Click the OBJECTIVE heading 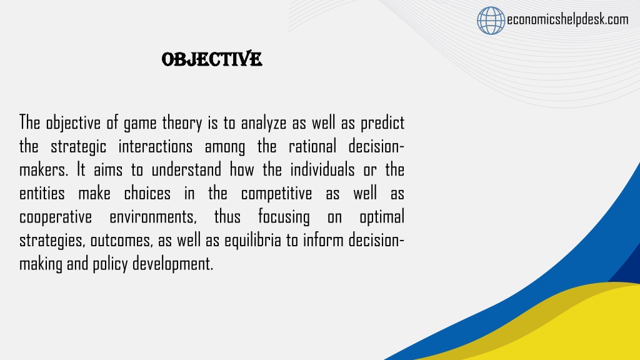(x=212, y=59)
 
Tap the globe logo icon (x=491, y=21)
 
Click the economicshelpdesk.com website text (x=567, y=19)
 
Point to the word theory (x=182, y=123)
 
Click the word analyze (x=264, y=123)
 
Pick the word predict (x=382, y=123)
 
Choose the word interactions (x=156, y=146)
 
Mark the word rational (x=312, y=146)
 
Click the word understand (x=186, y=169)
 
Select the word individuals (x=322, y=169)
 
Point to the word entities (x=42, y=193)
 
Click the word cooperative (x=56, y=217)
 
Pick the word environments (x=153, y=217)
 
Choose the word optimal (x=382, y=217)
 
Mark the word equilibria (x=252, y=241)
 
